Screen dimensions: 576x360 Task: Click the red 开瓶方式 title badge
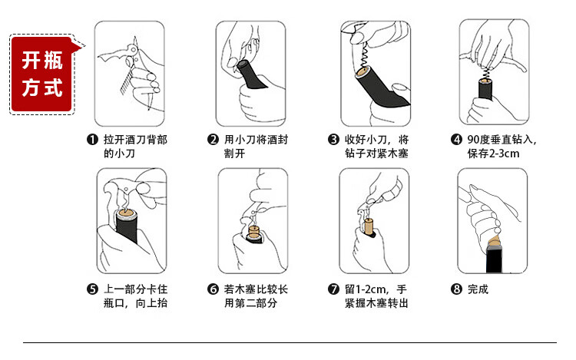coord(42,74)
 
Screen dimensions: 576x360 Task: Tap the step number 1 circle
coord(92,140)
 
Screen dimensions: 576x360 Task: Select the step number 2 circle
coord(213,140)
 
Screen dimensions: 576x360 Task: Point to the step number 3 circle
coord(333,140)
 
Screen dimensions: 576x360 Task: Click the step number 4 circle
coord(456,140)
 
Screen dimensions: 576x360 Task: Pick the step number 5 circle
coord(92,289)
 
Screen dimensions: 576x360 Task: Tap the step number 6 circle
coord(213,289)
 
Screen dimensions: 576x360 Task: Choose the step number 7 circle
coord(333,289)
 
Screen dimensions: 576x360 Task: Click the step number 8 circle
coord(456,289)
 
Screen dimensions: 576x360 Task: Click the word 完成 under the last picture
coord(478,289)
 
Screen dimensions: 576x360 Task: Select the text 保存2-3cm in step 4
coord(493,154)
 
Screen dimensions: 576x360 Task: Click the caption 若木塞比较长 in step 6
coord(256,289)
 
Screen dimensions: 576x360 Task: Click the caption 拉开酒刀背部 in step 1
coord(135,140)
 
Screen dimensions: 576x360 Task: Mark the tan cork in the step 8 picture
coord(495,242)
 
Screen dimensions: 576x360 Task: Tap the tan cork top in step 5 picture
coord(127,213)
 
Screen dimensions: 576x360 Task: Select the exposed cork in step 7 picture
coord(369,226)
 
